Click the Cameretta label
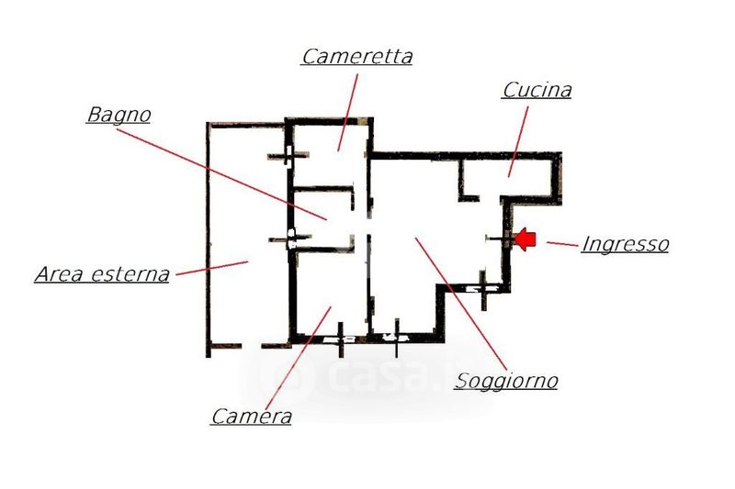(356, 56)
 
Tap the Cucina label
(537, 90)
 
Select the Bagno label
(119, 116)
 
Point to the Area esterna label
(102, 273)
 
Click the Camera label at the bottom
(251, 416)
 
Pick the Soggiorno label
(506, 380)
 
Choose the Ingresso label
(625, 244)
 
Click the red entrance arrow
(524, 239)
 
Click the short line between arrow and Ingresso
(560, 243)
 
